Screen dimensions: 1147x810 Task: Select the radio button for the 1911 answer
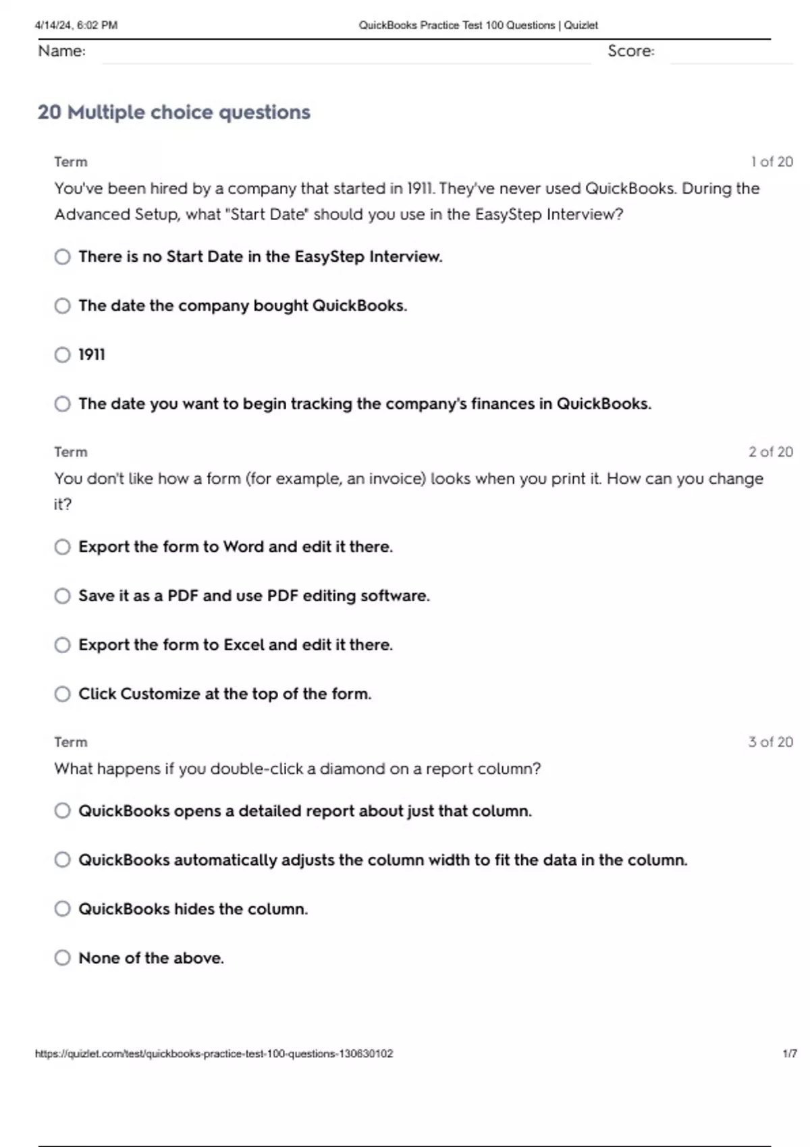62,355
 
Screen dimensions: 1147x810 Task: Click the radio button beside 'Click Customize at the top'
62,694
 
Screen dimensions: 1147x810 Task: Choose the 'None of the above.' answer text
151,958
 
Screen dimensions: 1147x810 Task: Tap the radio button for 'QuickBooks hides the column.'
62,909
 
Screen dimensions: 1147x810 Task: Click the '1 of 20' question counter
772,162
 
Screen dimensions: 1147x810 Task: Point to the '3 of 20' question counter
770,742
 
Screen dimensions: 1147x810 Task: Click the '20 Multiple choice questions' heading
173,112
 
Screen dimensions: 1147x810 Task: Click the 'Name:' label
61,51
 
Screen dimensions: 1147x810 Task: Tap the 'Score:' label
630,51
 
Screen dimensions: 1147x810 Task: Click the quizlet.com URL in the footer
214,1054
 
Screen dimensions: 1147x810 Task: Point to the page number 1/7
789,1054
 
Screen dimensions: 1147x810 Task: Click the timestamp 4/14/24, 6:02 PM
76,26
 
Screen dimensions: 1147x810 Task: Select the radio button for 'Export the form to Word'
62,547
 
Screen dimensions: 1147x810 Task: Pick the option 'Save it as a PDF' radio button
62,596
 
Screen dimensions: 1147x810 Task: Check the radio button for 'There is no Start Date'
62,257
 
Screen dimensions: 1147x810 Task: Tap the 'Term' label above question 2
71,452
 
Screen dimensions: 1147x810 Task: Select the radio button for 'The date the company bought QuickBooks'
62,306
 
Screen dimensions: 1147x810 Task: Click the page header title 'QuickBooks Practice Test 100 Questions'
457,26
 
